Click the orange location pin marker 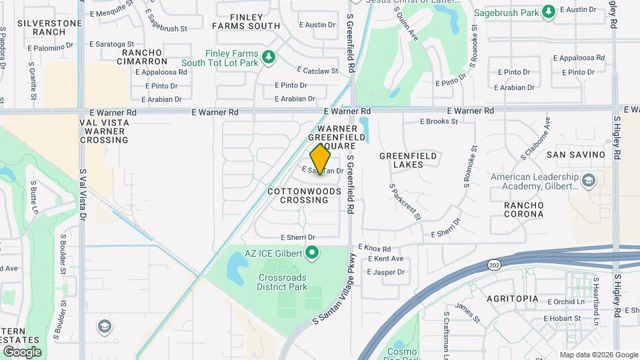tap(321, 159)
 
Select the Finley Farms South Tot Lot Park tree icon tap(269, 58)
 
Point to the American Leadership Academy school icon tap(589, 181)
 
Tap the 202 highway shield tap(494, 264)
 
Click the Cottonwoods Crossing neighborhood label tap(304, 195)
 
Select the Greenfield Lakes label tap(408, 160)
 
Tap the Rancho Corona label tap(523, 209)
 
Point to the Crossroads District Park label tap(282, 282)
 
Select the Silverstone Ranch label tap(39, 27)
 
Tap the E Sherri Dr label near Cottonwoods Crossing tap(297, 237)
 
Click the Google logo tap(21, 351)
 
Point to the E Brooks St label tap(439, 121)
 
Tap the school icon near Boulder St tap(104, 326)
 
